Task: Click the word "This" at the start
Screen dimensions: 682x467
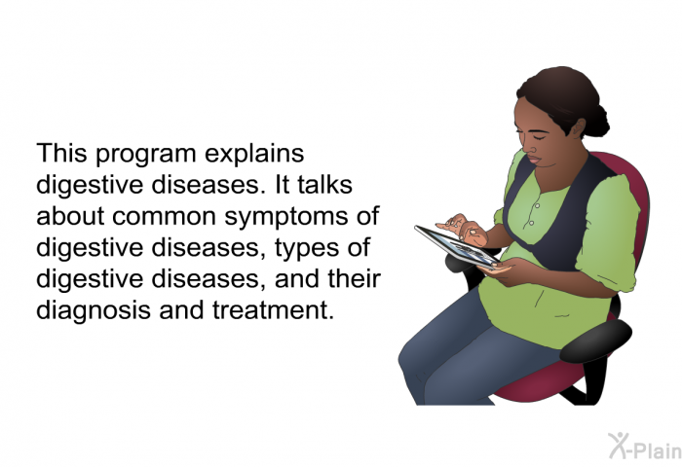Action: [x=61, y=153]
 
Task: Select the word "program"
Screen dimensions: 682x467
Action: [x=146, y=156]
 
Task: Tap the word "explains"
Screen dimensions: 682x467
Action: [x=254, y=155]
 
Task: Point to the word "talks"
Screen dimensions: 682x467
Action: [x=324, y=184]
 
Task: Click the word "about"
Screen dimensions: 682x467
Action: [x=70, y=215]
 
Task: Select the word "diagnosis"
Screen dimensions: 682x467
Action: [x=94, y=311]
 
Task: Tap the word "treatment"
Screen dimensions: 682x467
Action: [x=273, y=310]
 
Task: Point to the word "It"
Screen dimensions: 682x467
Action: [x=283, y=184]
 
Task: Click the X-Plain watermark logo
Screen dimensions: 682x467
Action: [x=645, y=447]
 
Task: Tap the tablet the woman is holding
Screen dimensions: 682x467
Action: [x=457, y=246]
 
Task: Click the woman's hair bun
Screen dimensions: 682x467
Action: [x=596, y=121]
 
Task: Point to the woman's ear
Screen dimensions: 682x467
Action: [x=578, y=128]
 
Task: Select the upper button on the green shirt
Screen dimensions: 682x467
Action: [x=538, y=205]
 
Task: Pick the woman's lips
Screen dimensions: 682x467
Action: [x=534, y=160]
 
